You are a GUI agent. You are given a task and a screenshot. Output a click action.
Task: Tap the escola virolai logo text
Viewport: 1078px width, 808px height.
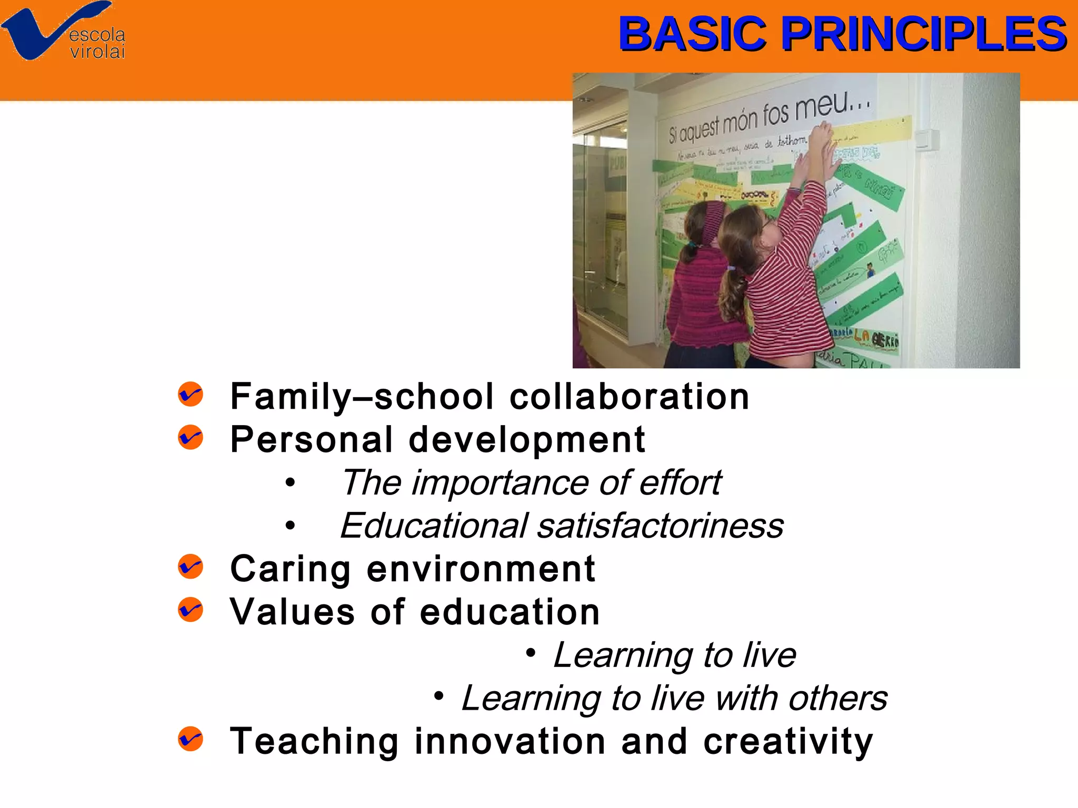[x=97, y=43]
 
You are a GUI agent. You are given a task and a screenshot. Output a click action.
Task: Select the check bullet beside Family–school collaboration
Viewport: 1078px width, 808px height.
[x=190, y=395]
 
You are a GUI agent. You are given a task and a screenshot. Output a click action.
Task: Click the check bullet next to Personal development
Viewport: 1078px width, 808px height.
[x=190, y=438]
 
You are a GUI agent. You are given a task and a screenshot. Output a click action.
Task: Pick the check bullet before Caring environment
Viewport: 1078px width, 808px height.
[x=190, y=567]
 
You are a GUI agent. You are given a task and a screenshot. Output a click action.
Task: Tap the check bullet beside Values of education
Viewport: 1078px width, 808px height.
[x=190, y=610]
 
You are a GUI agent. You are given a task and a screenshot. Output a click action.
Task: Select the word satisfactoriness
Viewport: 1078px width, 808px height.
[x=660, y=526]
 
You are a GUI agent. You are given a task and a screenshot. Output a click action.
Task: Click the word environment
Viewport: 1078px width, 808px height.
[x=481, y=569]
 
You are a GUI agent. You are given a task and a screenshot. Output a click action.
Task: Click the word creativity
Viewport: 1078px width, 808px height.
[x=788, y=742]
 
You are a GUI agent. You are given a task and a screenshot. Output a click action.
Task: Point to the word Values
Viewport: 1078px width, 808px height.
[x=293, y=612]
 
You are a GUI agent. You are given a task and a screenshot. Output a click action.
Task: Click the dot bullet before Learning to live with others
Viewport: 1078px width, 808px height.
[x=438, y=696]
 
